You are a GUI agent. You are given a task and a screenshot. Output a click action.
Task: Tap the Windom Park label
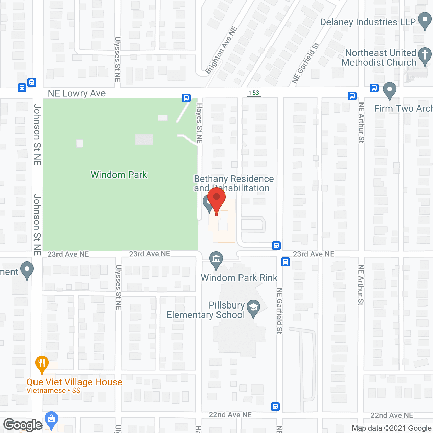pos(119,175)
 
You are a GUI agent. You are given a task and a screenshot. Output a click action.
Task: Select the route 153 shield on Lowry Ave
pos(254,93)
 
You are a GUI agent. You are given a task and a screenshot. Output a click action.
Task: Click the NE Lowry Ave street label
pos(77,93)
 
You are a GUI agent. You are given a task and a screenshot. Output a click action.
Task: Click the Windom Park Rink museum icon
pos(216,259)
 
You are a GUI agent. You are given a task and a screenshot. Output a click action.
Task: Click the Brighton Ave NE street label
pos(221,50)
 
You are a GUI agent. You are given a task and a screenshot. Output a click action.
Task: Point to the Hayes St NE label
pos(200,123)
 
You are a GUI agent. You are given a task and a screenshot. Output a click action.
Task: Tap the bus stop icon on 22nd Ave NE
pos(275,406)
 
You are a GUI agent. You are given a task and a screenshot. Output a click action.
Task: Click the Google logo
pos(23,425)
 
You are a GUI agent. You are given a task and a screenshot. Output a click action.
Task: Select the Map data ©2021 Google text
pos(391,428)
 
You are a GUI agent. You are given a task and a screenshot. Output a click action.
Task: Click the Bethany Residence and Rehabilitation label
pos(233,183)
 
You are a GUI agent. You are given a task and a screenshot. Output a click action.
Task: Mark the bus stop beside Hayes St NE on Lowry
pos(186,98)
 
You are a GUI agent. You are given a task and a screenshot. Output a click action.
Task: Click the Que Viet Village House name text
pos(74,382)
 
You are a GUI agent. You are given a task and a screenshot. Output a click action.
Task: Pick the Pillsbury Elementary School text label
pos(206,310)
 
